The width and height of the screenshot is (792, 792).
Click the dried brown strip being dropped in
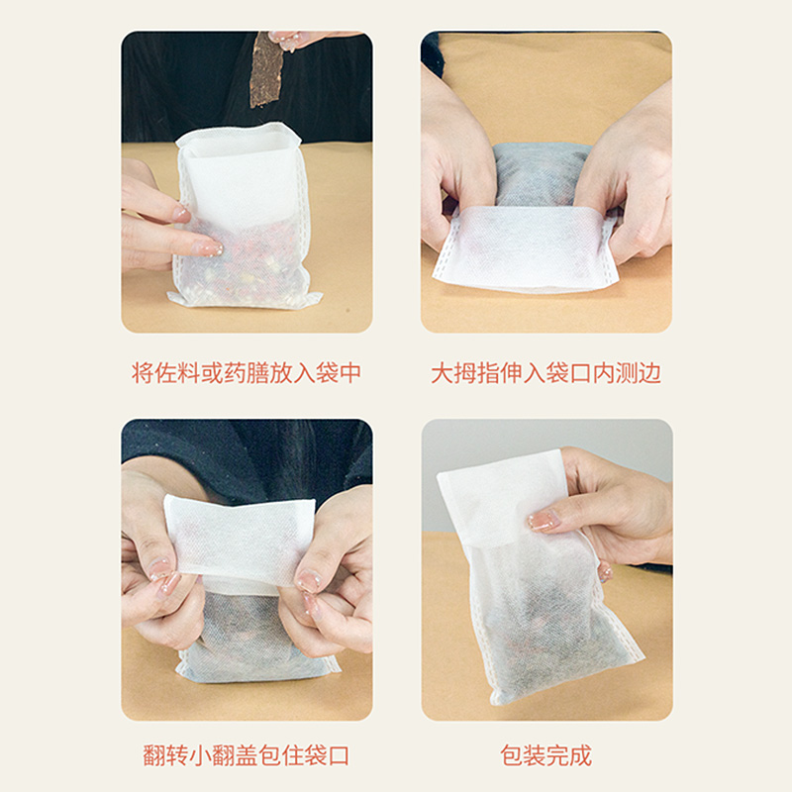266,69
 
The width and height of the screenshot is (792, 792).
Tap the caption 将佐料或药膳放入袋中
247,373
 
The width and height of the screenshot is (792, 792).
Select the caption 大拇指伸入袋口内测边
546,373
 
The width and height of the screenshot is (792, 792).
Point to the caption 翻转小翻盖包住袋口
247,755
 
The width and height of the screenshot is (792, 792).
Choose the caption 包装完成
546,755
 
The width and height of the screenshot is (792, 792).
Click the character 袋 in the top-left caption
327,373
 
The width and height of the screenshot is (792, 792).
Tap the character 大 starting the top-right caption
442,373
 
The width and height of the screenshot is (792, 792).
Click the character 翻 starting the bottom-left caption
154,755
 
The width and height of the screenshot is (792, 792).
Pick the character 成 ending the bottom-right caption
581,755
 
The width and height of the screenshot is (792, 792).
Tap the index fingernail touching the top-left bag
209,248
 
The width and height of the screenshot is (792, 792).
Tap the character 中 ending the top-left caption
350,373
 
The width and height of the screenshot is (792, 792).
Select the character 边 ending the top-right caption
649,373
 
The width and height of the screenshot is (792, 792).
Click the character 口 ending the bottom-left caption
339,755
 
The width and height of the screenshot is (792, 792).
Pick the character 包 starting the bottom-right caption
512,755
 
